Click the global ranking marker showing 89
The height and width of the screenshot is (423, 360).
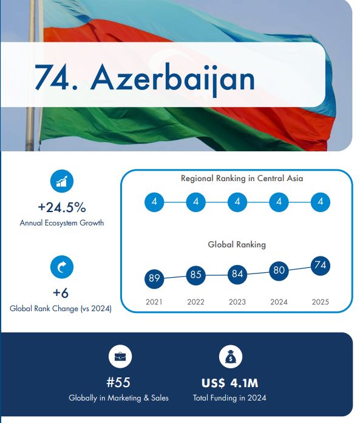click(154, 278)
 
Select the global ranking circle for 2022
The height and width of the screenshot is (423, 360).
click(196, 275)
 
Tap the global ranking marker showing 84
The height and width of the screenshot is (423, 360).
click(237, 274)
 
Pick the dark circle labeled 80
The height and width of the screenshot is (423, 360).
click(279, 270)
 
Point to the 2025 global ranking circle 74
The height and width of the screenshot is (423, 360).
click(321, 266)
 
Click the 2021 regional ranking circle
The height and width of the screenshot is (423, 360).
click(154, 202)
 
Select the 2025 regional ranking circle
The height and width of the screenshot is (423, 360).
click(321, 202)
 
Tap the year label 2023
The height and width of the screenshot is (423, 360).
click(237, 301)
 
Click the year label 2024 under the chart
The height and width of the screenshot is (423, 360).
click(279, 301)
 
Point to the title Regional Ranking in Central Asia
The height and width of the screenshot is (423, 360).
click(242, 178)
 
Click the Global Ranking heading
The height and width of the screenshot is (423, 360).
click(237, 245)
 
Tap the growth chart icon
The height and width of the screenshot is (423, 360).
click(62, 181)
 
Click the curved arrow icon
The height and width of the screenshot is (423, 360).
click(62, 267)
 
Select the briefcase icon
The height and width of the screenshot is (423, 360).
click(120, 356)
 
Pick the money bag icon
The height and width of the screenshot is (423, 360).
click(231, 356)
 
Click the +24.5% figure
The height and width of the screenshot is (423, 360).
click(62, 207)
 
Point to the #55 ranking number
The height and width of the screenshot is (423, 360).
click(118, 382)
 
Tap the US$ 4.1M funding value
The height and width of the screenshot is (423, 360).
click(230, 383)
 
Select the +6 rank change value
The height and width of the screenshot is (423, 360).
click(61, 293)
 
